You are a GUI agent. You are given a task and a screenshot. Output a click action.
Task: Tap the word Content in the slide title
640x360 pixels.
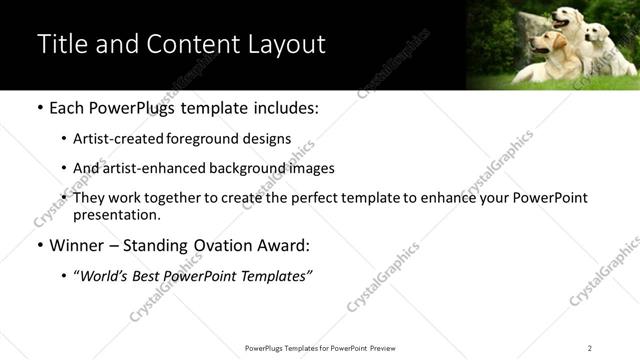click(201, 45)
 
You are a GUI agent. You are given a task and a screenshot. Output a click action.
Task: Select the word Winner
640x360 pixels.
click(77, 244)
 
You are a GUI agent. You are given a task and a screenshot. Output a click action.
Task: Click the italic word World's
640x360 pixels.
click(105, 275)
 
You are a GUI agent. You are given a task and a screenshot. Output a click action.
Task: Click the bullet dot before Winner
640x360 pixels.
click(39, 245)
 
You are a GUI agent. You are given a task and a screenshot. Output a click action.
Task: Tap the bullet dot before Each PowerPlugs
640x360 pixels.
click(39, 108)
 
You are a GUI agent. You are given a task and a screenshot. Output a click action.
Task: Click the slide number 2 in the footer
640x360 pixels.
click(590, 348)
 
